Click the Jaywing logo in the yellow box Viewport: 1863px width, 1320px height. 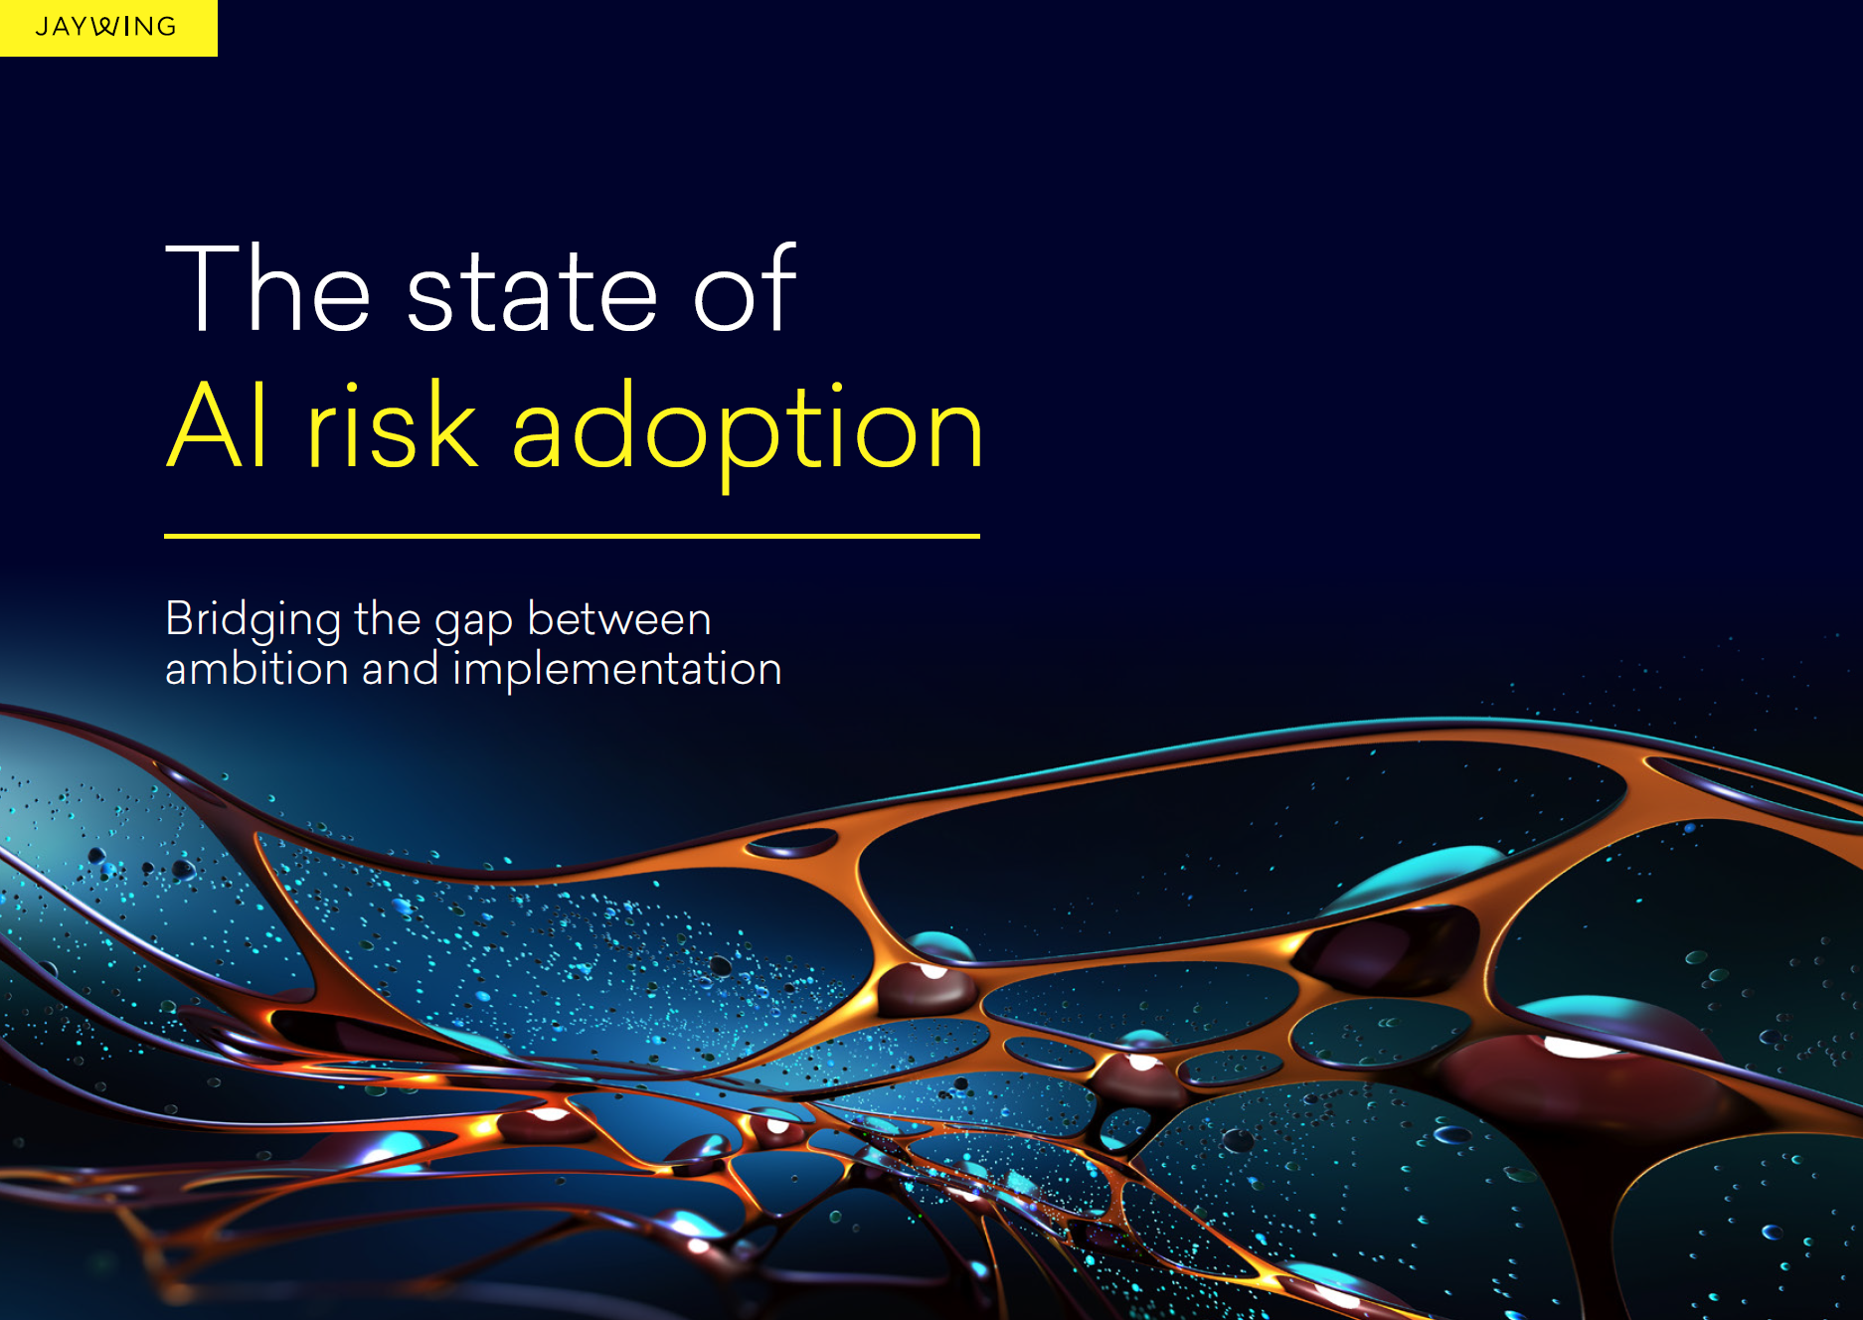click(x=106, y=27)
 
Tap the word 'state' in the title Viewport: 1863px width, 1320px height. click(x=533, y=294)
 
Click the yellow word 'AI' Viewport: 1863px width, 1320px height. click(x=218, y=424)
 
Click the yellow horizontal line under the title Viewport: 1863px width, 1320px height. click(x=572, y=536)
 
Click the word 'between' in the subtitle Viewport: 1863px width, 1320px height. click(x=619, y=619)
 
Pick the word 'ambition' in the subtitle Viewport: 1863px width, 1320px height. click(x=256, y=668)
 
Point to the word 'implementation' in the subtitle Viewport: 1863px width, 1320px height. click(x=617, y=672)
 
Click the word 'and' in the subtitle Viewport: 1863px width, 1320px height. click(x=400, y=668)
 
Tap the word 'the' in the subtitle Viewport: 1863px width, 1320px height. click(x=388, y=619)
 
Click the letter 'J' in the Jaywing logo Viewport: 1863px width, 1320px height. click(x=41, y=27)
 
